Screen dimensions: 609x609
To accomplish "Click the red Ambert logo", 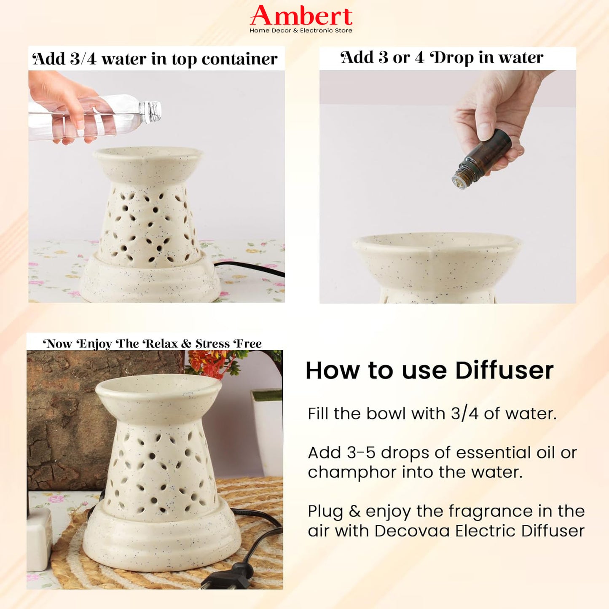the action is [301, 15].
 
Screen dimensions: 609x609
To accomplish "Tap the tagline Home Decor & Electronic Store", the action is [301, 31].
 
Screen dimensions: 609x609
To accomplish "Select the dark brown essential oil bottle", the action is [482, 157].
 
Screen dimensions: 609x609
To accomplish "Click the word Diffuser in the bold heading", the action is [504, 371].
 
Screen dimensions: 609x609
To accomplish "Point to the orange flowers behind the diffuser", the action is [210, 363].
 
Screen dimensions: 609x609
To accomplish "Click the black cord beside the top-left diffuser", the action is [250, 268].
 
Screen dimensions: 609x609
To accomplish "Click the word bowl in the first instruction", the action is [386, 413].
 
